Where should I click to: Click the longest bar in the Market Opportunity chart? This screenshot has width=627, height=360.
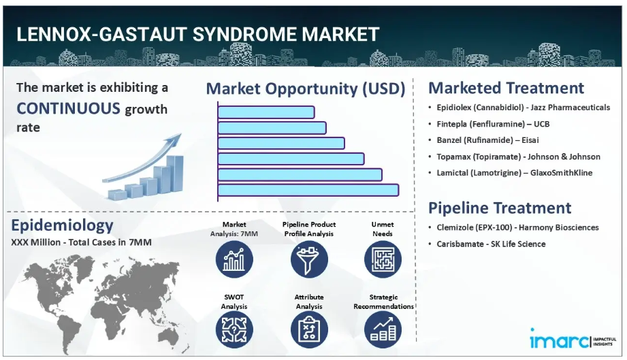308,190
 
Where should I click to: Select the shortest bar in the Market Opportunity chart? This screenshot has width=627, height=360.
266,112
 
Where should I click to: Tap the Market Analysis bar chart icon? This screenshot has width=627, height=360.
234,259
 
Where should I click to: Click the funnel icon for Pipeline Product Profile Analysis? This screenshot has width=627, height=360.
309,259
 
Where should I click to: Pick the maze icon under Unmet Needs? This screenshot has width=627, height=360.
383,259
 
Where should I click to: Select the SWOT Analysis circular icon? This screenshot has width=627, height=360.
234,329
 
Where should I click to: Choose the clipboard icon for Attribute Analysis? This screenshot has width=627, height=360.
309,329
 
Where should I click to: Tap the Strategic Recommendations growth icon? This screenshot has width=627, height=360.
383,329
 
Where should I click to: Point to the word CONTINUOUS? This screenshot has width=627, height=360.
68,108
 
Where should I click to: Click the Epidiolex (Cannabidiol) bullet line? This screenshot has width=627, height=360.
523,108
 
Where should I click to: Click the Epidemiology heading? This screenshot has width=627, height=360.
62,226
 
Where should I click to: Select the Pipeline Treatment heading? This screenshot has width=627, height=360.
500,208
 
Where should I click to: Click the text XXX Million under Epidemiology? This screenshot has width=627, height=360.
35,242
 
